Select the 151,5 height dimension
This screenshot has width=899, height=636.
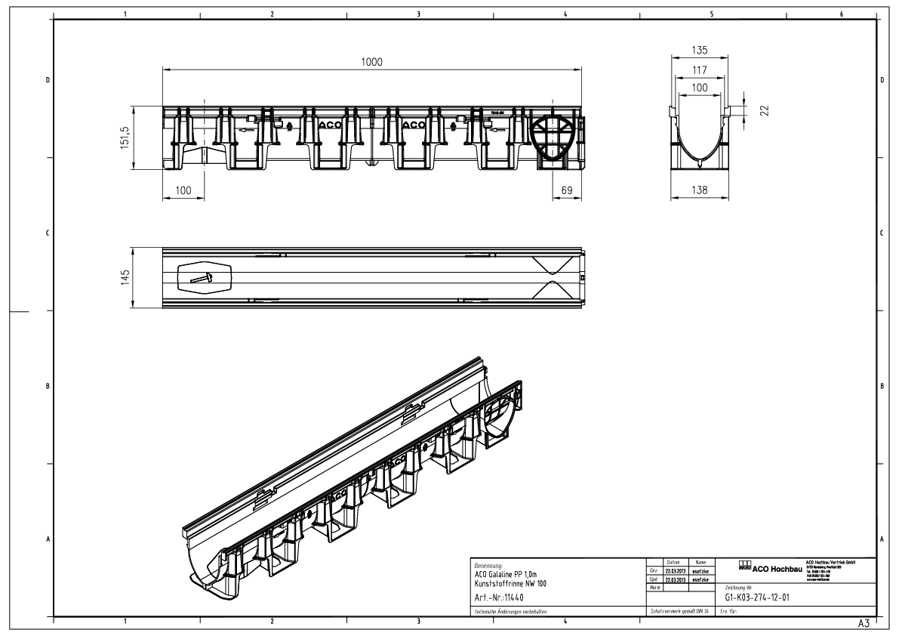[125, 139]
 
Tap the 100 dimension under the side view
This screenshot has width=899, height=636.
[183, 191]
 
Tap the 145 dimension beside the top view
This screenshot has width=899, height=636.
[125, 277]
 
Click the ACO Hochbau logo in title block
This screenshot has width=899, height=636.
[770, 569]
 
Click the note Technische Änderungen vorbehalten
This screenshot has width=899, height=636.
[510, 611]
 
